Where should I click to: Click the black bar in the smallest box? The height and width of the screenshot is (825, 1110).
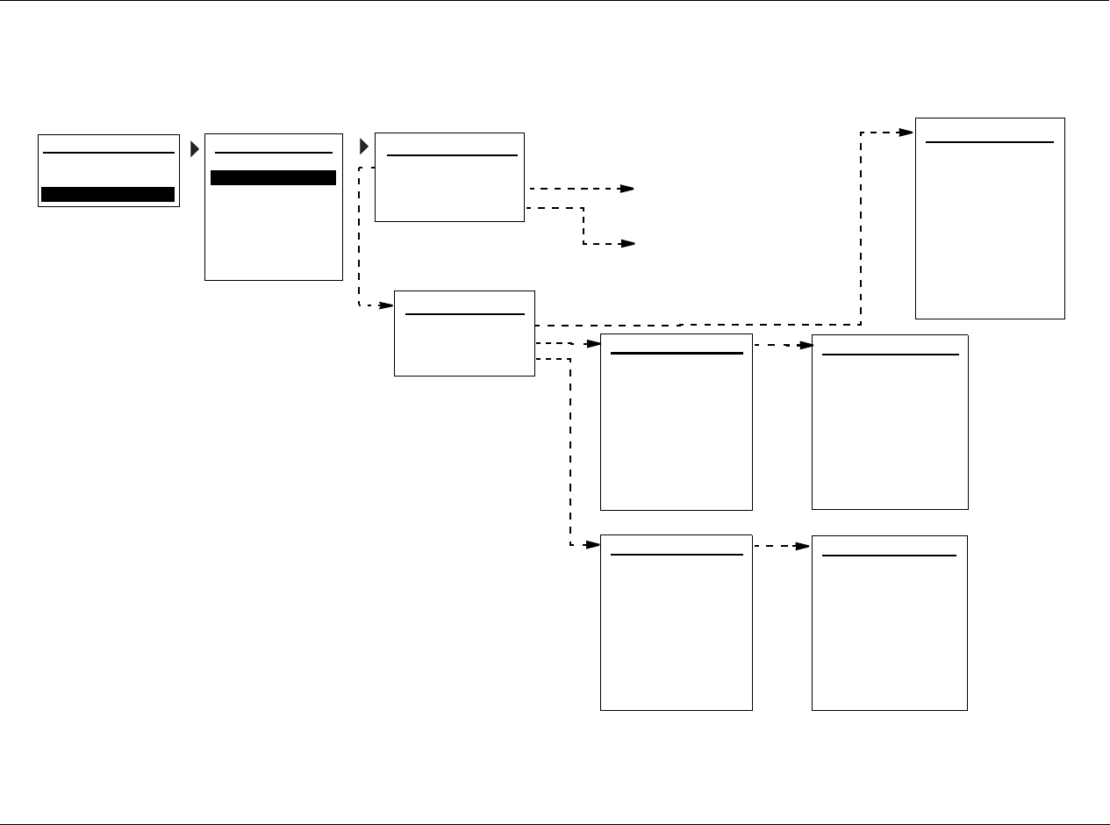point(108,195)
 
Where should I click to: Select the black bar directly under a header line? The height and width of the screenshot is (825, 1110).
point(273,177)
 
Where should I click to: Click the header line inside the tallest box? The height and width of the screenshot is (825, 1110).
point(989,141)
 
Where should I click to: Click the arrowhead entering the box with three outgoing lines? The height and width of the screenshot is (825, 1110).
point(387,305)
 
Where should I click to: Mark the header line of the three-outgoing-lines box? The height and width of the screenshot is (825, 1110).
point(464,313)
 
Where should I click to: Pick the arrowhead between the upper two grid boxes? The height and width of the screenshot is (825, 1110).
point(806,346)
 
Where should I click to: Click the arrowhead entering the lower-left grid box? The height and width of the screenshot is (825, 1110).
point(594,546)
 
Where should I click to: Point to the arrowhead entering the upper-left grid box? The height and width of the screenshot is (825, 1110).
point(594,345)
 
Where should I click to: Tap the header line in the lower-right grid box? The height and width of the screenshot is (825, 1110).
point(889,555)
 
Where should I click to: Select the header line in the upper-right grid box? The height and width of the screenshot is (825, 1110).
point(890,355)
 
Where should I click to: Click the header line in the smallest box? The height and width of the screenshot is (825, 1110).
point(108,153)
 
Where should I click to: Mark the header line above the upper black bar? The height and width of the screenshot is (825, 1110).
point(273,153)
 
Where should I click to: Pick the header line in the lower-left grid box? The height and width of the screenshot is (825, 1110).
point(676,555)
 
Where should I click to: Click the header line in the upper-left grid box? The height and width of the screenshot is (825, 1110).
point(676,354)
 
